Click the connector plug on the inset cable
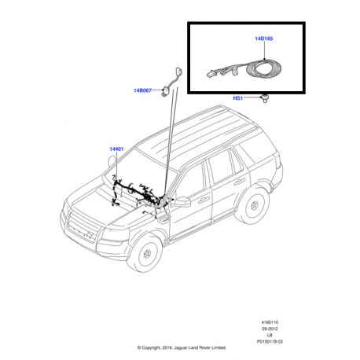point(213,73)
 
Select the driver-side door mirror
point(182,203)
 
